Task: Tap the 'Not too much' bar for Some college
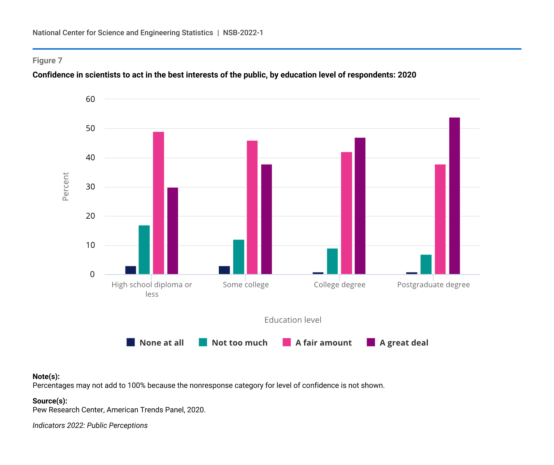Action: (x=239, y=257)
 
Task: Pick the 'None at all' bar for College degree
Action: (x=318, y=273)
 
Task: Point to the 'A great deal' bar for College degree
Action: (x=360, y=206)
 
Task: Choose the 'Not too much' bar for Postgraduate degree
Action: (x=426, y=264)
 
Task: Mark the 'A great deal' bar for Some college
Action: (x=266, y=219)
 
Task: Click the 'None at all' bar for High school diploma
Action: (x=131, y=270)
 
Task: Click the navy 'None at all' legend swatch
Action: (x=131, y=342)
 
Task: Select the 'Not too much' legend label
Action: (x=240, y=343)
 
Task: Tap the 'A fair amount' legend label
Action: (x=324, y=343)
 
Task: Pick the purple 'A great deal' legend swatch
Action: (x=371, y=342)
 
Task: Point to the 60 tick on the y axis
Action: (x=90, y=99)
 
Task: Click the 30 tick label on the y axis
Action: (x=90, y=187)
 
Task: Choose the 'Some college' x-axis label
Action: (x=246, y=285)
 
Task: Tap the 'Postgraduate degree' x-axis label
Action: (x=433, y=285)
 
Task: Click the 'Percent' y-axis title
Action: (x=66, y=186)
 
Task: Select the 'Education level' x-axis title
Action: (x=293, y=320)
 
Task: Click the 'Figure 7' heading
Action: (x=47, y=61)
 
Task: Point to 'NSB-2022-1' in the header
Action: (x=243, y=33)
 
